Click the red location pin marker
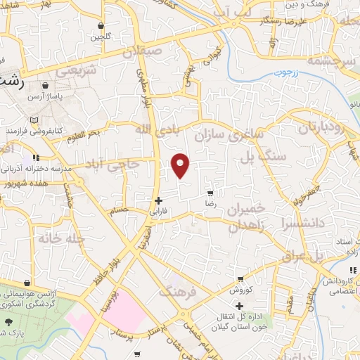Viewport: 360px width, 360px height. tap(181, 165)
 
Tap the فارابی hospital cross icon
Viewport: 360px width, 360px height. tap(159, 200)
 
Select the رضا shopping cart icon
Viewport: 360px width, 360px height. tap(210, 193)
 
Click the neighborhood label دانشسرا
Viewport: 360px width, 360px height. tap(300, 224)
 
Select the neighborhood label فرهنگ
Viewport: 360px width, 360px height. tap(179, 289)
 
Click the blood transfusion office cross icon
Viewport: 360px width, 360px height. tap(240, 306)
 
